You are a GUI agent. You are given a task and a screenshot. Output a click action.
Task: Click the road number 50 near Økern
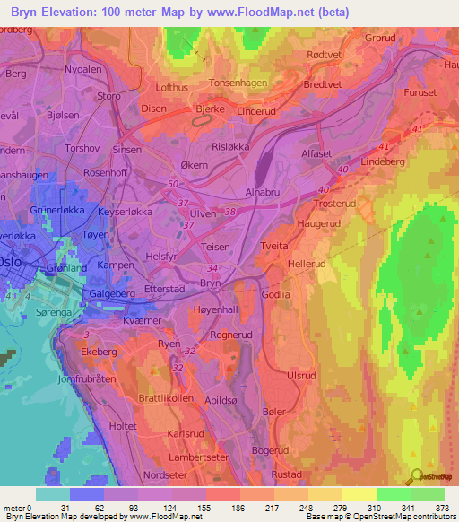tap(172, 184)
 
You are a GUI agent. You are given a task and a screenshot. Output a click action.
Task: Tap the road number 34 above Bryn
tap(212, 267)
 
